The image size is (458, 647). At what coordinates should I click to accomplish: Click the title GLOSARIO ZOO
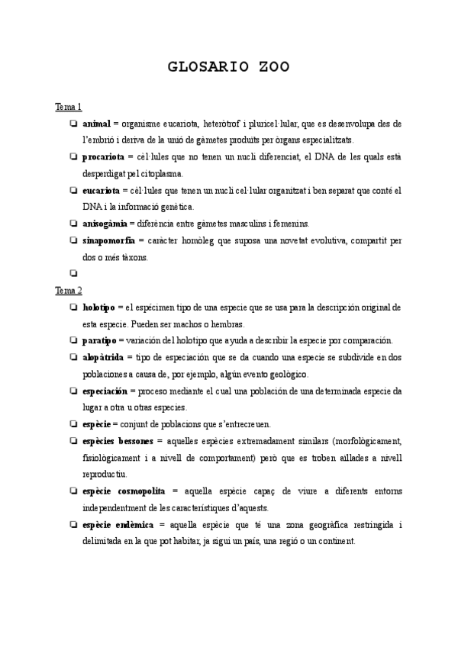[228, 67]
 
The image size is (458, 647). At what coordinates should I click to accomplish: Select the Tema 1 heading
[68, 106]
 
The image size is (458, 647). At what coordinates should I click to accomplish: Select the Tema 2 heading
[68, 290]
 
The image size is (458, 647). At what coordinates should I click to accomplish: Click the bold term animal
[96, 123]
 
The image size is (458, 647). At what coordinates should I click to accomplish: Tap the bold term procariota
[103, 156]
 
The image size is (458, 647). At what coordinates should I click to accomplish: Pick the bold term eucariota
[102, 190]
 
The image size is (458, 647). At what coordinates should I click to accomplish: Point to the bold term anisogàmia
[105, 224]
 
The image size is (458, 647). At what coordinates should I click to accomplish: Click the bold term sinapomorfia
[108, 240]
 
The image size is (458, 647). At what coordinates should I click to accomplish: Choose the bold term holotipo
[98, 307]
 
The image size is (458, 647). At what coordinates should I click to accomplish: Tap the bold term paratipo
[98, 340]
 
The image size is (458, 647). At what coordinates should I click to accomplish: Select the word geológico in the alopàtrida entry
[285, 374]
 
